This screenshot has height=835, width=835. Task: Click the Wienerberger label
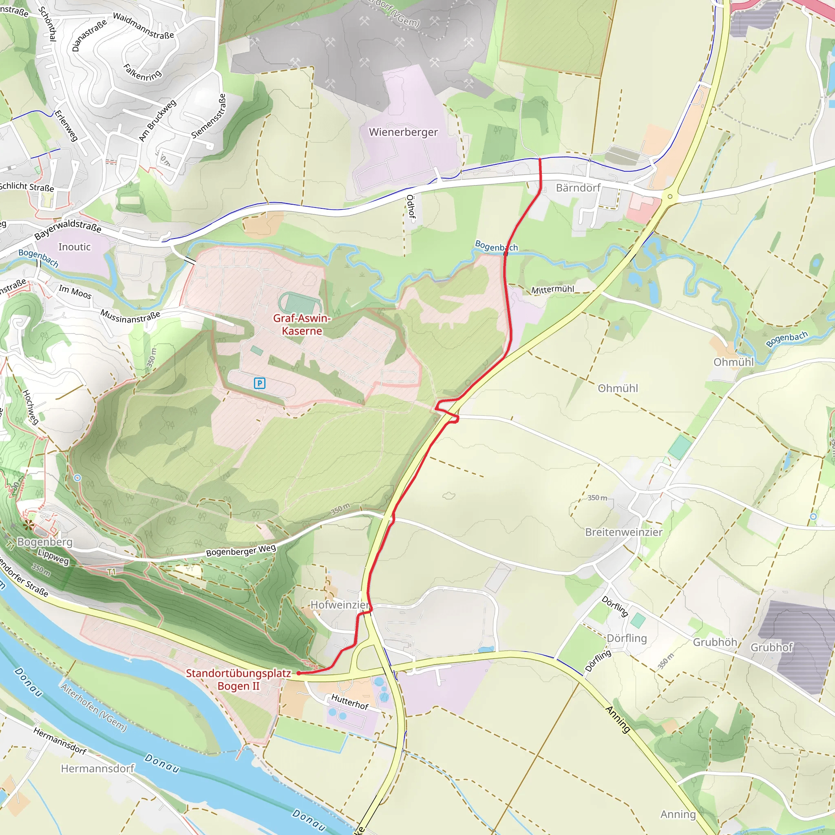tap(403, 132)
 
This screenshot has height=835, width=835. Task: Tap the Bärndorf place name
tap(578, 188)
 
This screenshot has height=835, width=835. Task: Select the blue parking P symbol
tap(259, 383)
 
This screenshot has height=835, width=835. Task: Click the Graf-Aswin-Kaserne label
tap(302, 325)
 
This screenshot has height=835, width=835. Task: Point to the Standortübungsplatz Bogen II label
tap(238, 679)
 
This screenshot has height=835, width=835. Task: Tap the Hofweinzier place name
tap(340, 605)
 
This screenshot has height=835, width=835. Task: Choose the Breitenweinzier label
tap(623, 532)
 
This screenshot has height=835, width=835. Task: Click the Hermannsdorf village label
tap(97, 769)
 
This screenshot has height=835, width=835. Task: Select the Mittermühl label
tap(552, 289)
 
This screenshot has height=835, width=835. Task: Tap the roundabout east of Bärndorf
tap(670, 197)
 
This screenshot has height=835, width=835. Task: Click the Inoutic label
tap(74, 247)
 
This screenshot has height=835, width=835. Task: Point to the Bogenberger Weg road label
tap(241, 550)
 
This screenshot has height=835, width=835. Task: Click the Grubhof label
tap(771, 647)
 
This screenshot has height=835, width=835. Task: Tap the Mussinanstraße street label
tap(130, 316)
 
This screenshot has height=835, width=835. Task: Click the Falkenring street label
tap(142, 73)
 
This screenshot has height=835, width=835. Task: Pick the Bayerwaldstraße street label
tap(68, 229)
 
